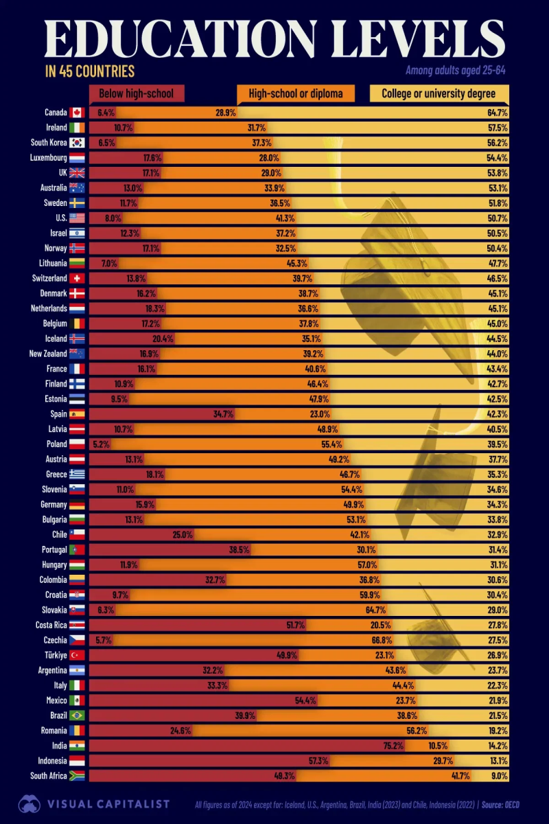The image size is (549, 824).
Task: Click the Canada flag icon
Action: point(76,113)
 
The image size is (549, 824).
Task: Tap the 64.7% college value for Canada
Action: point(498,113)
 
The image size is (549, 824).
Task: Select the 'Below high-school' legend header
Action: point(136,93)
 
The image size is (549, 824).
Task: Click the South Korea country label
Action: point(49,143)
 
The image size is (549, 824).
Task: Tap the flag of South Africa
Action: point(76,776)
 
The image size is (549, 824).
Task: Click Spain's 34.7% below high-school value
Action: point(224,414)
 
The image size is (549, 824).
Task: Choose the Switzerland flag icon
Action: point(76,279)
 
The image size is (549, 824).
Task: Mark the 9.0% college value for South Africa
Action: point(499,776)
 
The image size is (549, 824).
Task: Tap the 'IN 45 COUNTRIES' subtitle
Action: point(89,71)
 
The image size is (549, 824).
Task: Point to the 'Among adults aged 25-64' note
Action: point(456,70)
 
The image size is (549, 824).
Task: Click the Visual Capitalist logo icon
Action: point(30,803)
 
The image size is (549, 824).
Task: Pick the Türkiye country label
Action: point(53,655)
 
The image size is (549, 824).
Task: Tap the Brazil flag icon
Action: point(76,716)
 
